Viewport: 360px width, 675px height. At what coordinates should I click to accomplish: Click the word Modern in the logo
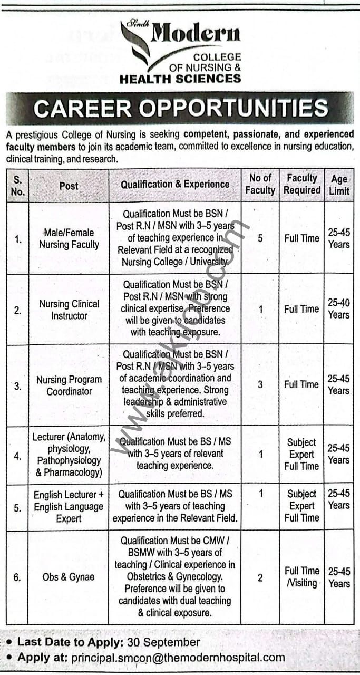(196, 34)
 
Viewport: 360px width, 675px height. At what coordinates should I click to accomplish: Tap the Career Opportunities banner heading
(180, 108)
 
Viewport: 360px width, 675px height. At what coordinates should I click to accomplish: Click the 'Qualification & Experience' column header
(175, 185)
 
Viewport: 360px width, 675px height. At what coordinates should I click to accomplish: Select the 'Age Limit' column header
(339, 185)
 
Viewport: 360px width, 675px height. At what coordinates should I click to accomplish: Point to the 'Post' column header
(69, 186)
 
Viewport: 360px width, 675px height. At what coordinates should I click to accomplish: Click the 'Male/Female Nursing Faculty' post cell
(69, 238)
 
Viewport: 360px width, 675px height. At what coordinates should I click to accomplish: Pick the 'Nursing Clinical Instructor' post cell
(69, 310)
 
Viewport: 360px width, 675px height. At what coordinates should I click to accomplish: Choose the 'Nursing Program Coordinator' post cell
(69, 385)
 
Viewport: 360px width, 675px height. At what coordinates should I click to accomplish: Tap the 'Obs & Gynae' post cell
(69, 577)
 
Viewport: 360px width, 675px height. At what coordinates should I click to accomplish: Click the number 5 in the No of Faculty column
(260, 238)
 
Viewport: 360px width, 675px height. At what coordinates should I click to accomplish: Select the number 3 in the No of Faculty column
(260, 384)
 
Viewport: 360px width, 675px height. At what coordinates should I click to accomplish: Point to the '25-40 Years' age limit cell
(338, 309)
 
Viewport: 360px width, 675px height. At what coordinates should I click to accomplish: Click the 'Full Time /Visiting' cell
(301, 577)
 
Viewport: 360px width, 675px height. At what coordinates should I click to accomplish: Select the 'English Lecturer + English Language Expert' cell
(69, 507)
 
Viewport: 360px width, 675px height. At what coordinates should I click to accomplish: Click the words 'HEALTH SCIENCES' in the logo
(180, 79)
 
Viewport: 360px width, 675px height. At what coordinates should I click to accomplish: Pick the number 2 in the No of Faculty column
(260, 577)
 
